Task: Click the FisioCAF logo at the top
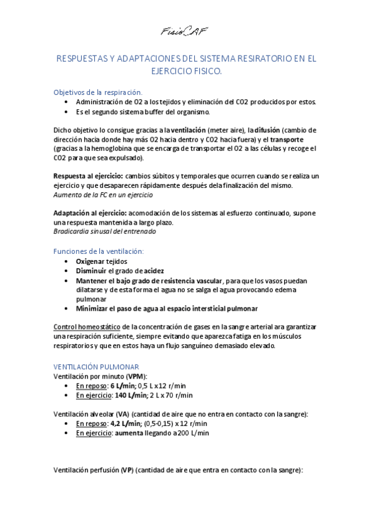pyautogui.click(x=184, y=31)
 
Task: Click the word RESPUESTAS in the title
pyautogui.click(x=84, y=59)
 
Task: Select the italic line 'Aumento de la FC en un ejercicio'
pyautogui.click(x=103, y=195)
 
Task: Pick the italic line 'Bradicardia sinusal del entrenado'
pyautogui.click(x=105, y=231)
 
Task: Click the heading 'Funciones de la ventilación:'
pyautogui.click(x=99, y=251)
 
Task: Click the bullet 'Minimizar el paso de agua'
pyautogui.click(x=167, y=308)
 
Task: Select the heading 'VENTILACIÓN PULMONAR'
pyautogui.click(x=97, y=366)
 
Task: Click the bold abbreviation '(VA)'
pyautogui.click(x=119, y=414)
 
